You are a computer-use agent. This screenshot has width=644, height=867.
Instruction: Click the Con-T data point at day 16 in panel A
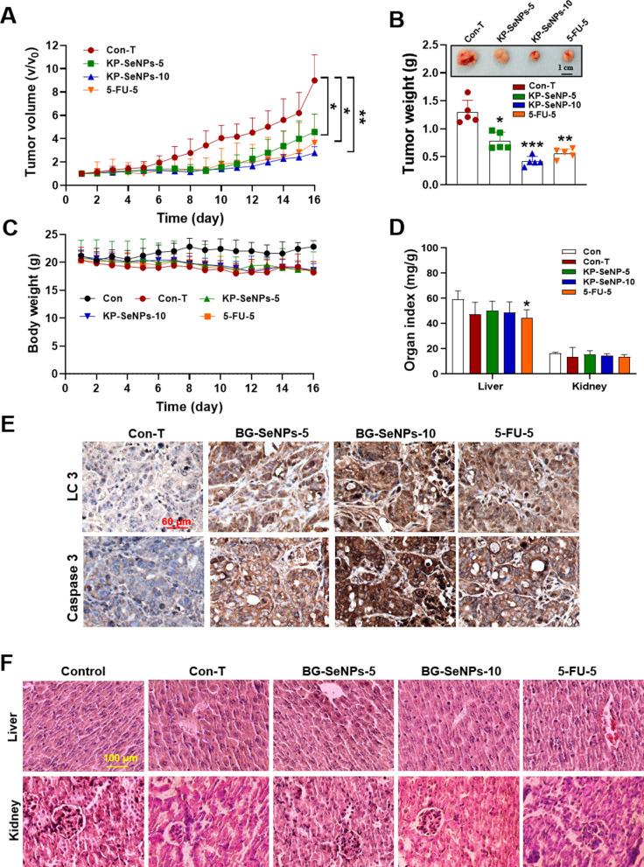314,80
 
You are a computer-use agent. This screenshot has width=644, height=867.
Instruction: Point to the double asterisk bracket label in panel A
362,115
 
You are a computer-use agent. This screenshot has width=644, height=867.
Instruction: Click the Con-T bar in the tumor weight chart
469,148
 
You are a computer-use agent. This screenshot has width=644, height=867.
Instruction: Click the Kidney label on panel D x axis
582,386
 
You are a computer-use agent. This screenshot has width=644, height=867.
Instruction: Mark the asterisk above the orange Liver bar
527,303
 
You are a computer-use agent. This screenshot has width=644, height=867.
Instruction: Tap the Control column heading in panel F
84,672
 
